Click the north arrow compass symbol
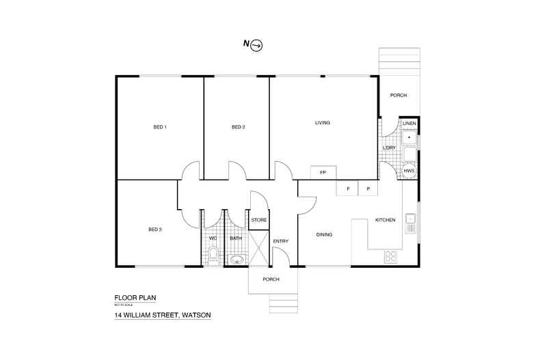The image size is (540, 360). point(257,45)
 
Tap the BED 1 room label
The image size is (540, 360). point(159,127)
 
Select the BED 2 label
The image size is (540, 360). point(238,127)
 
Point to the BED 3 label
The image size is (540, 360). point(154,230)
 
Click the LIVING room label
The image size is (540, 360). point(323,123)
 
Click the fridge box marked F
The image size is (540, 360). point(348,188)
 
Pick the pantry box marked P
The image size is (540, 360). point(368,188)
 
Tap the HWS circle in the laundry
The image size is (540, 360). point(409,171)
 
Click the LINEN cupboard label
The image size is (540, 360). point(409,123)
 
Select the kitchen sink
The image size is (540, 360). point(410,220)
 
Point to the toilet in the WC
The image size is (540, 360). point(213,255)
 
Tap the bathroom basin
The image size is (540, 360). point(237,259)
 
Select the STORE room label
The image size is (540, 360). point(259,220)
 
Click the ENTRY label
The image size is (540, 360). point(281,241)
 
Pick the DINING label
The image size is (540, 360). point(324,235)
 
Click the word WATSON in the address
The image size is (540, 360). point(195,315)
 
